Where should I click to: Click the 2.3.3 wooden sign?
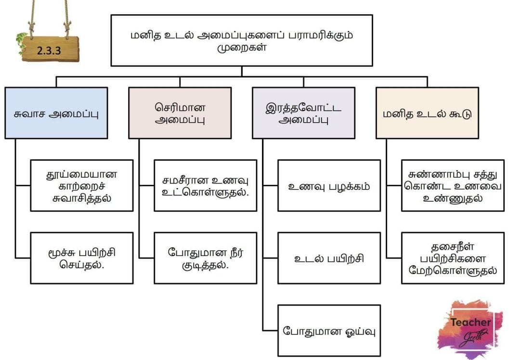(51, 49)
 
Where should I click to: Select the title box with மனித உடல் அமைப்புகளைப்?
(241, 40)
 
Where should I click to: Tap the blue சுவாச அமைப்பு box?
(56, 113)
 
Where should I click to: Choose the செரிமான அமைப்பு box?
(180, 113)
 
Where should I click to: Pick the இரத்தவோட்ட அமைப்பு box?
(303, 113)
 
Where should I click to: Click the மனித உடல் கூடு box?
(427, 113)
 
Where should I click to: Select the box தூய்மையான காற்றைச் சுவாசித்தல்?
(82, 186)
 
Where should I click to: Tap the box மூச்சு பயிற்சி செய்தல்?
(82, 258)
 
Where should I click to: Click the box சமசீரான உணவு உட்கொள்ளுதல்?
(205, 186)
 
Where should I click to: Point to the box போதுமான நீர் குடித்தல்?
(205, 258)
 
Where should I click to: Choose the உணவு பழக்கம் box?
(329, 186)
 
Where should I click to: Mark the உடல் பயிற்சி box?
(329, 258)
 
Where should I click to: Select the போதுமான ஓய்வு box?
(329, 331)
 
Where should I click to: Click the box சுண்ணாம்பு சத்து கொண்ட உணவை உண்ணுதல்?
(453, 186)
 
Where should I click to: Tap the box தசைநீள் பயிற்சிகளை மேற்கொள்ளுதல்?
(453, 258)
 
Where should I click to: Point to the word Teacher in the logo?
(470, 322)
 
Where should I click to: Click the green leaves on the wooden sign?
(21, 42)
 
